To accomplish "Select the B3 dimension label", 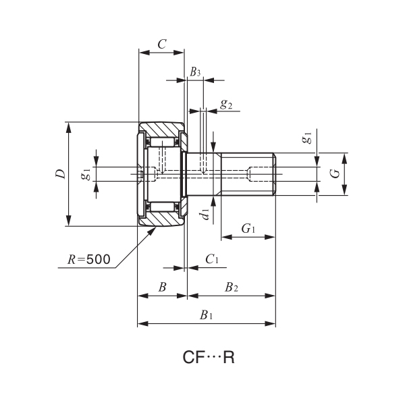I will click(195, 71).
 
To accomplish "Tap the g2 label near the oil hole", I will click(226, 105).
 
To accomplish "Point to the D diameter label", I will click(60, 174).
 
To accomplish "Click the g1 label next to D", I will click(86, 174).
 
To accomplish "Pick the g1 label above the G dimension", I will click(307, 138).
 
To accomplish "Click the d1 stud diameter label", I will click(205, 215).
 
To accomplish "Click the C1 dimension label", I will click(212, 259).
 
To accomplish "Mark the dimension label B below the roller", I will click(162, 288).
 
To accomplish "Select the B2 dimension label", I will click(232, 288).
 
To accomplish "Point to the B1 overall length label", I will click(207, 315).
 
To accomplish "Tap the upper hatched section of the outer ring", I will click(162, 128).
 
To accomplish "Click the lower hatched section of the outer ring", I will click(162, 219).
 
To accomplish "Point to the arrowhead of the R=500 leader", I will click(153, 228).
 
